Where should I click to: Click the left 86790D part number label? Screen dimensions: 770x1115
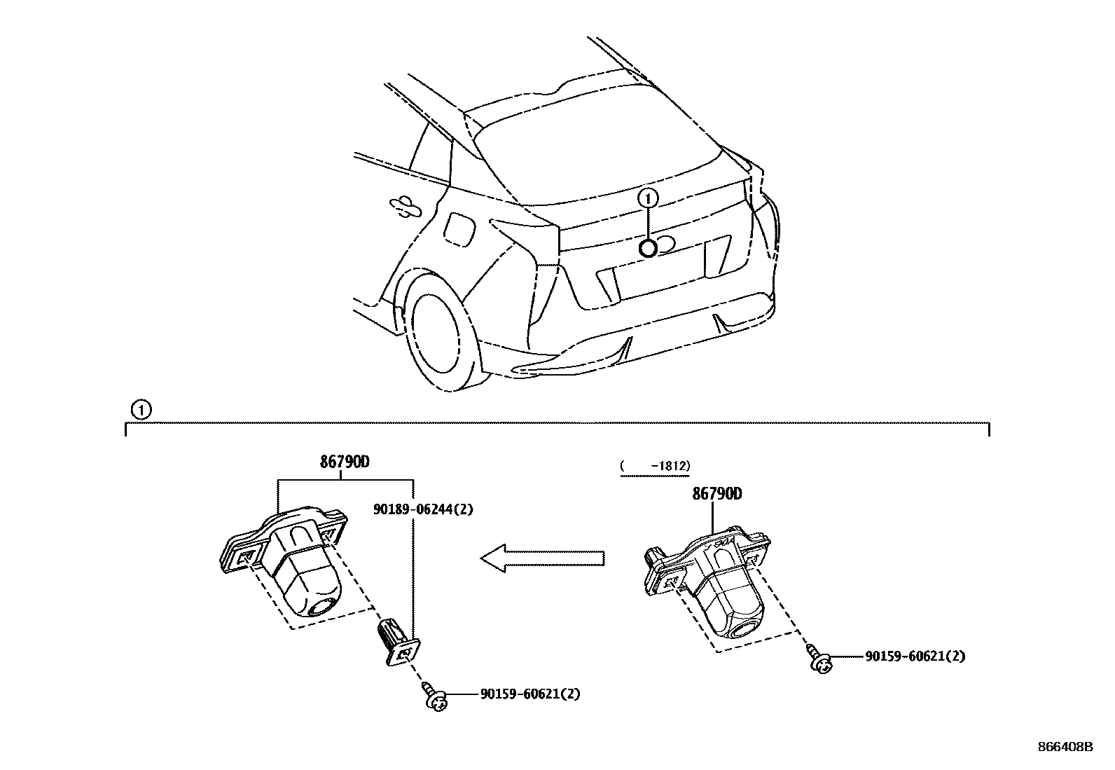(345, 462)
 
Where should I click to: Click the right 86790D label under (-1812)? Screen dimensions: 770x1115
(717, 494)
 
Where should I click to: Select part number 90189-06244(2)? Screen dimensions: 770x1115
(422, 509)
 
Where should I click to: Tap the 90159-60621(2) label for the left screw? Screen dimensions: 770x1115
(530, 694)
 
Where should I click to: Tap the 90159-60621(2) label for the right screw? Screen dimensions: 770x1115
(915, 656)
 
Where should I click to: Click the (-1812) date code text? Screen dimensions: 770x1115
(655, 466)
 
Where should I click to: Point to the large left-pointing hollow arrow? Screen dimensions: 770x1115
(541, 558)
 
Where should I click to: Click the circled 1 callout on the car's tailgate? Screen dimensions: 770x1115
(649, 198)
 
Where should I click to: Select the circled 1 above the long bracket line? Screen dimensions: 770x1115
(141, 410)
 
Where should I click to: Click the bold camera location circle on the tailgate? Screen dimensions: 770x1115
(648, 248)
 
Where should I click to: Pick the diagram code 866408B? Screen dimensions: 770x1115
(1065, 748)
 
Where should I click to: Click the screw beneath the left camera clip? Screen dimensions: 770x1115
(436, 699)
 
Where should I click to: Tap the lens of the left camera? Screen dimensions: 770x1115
(324, 607)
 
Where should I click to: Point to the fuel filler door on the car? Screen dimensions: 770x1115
(459, 228)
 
